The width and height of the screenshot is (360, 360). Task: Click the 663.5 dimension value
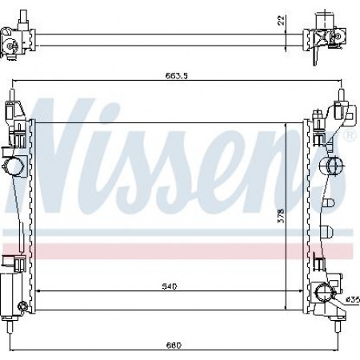tap(177, 76)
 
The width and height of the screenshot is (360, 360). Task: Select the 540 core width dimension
tap(170, 286)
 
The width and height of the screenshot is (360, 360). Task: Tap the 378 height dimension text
tap(281, 215)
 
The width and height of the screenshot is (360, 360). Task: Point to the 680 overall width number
tap(174, 346)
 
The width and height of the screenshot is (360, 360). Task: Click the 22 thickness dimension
tap(281, 20)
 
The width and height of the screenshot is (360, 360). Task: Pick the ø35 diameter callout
tap(353, 300)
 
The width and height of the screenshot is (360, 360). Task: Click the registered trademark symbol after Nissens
tap(351, 135)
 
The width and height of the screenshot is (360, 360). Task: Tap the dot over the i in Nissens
tap(110, 110)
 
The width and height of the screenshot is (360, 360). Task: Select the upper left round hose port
tap(13, 166)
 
